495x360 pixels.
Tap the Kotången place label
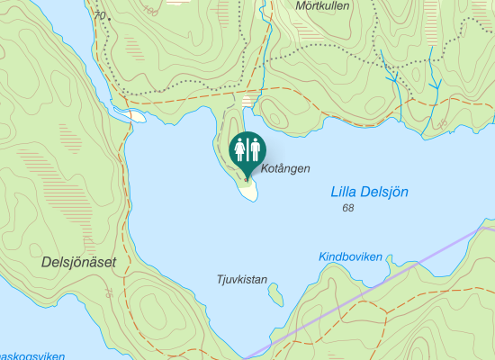285,168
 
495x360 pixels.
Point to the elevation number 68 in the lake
348,209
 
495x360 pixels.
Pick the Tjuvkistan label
242,279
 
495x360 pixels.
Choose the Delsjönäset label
77,262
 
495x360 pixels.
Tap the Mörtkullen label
322,5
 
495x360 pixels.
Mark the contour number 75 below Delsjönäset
109,292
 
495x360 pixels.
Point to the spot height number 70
98,16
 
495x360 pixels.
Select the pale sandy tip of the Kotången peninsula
248,190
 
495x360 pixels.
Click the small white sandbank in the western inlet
136,115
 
